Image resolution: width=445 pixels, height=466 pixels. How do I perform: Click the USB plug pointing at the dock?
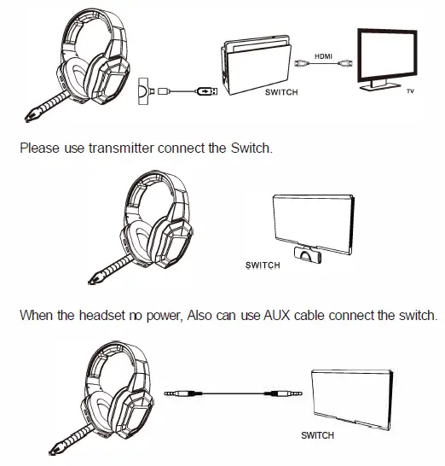[206, 90]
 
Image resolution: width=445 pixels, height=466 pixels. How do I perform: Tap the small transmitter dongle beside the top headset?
[145, 89]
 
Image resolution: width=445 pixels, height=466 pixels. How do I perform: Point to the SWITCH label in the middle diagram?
[263, 265]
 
